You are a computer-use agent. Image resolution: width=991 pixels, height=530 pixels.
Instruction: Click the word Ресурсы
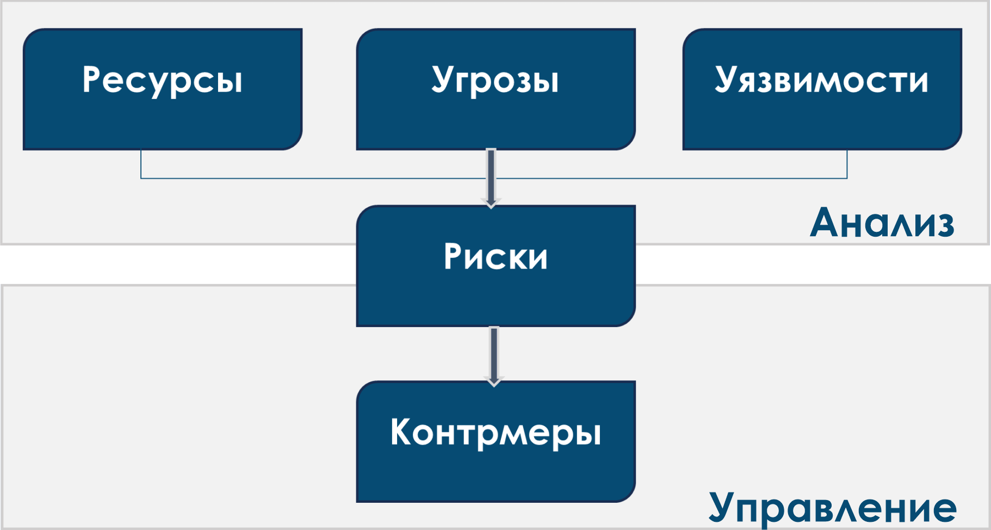tap(162, 81)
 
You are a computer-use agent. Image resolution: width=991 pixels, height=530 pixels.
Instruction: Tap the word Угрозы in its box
tap(495, 81)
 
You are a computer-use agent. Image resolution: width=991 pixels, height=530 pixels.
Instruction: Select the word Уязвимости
tap(821, 81)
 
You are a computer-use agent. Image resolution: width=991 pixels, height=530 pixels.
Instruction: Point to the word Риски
tap(495, 257)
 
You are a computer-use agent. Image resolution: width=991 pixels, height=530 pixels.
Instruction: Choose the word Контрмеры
tap(495, 433)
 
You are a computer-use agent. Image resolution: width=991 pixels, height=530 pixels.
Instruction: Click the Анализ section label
tap(882, 223)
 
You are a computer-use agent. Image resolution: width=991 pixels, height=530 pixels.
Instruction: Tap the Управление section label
tap(832, 508)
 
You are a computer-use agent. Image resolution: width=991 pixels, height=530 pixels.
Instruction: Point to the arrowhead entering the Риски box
tap(491, 203)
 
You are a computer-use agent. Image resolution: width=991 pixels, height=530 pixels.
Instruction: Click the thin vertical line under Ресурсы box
tap(141, 164)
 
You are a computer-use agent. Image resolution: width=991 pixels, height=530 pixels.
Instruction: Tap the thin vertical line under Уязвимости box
tap(847, 164)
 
